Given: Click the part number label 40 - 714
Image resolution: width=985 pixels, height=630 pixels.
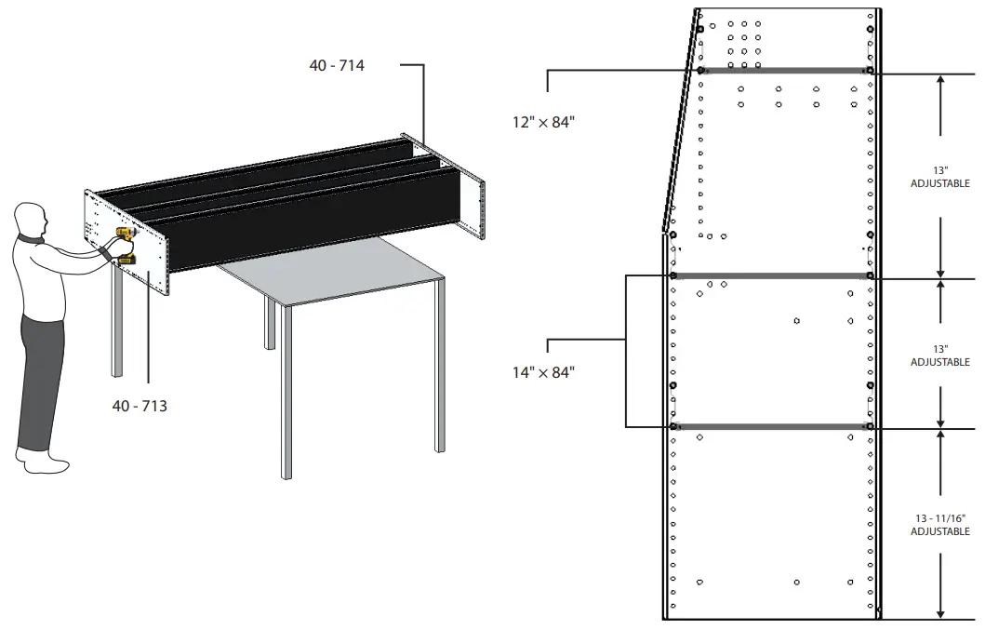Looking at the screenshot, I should point(337,65).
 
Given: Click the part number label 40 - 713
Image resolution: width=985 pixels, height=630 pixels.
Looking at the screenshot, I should point(140,406).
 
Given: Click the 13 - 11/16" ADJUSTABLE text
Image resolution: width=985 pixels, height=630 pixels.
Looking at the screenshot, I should point(939,525).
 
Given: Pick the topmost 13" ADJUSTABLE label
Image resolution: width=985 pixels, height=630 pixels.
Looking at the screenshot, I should point(939,177).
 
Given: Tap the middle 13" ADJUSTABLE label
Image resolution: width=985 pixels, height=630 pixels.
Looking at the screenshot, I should point(939,355).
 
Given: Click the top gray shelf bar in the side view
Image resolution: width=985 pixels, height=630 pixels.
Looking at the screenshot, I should point(783,70).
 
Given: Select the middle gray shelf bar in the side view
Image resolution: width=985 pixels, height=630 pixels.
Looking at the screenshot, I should point(770,275).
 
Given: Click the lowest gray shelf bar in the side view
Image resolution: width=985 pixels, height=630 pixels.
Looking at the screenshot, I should point(770,427).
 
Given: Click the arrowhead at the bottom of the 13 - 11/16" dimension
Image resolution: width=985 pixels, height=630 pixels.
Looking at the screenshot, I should point(941,612).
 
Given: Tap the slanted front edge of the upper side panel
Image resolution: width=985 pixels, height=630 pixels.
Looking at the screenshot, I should point(681,121).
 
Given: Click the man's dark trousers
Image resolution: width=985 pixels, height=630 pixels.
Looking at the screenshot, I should point(41,372).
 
